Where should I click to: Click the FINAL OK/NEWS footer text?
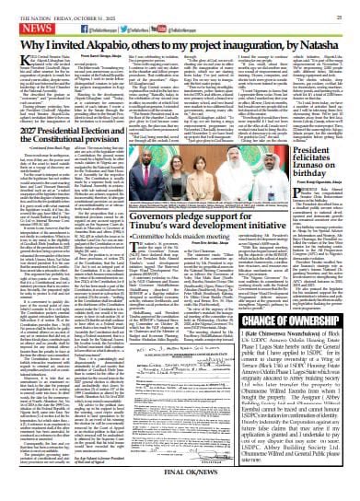coord(180,492)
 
